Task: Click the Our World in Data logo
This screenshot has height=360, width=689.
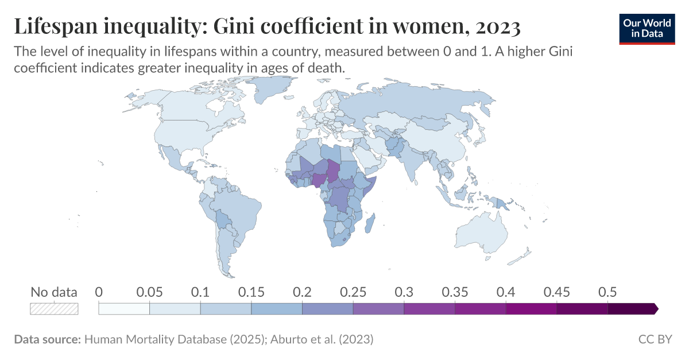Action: (647, 28)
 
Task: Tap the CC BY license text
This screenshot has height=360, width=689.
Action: (655, 339)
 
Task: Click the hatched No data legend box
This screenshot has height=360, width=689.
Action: (53, 309)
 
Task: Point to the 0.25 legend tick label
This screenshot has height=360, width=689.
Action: (353, 292)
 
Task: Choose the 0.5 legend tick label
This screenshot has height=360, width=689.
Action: (607, 292)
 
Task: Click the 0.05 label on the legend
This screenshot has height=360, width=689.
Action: (149, 292)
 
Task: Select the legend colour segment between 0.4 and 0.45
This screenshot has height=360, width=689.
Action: (531, 309)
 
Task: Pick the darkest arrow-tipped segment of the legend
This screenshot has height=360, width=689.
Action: (632, 309)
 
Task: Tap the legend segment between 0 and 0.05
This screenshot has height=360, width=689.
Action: (124, 309)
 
